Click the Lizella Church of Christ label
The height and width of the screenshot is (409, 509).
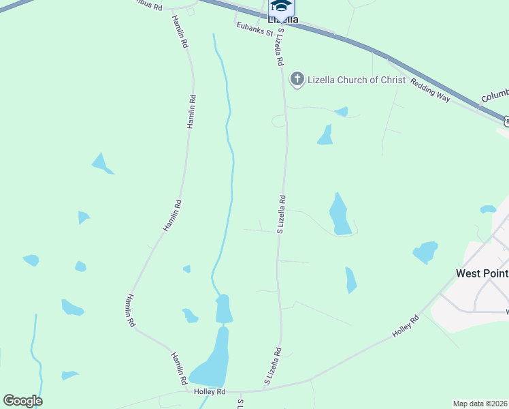coord(356,80)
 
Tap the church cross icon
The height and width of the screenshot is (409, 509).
coord(297,80)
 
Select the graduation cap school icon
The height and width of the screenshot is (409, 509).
coord(281,6)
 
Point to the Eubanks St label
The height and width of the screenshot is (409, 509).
coord(255,30)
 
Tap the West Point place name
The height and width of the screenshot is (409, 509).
coord(482,273)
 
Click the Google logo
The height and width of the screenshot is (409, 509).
coord(22,401)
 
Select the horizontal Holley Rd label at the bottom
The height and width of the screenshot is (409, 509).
coord(209,392)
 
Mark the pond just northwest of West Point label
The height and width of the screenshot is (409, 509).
coord(425,252)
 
